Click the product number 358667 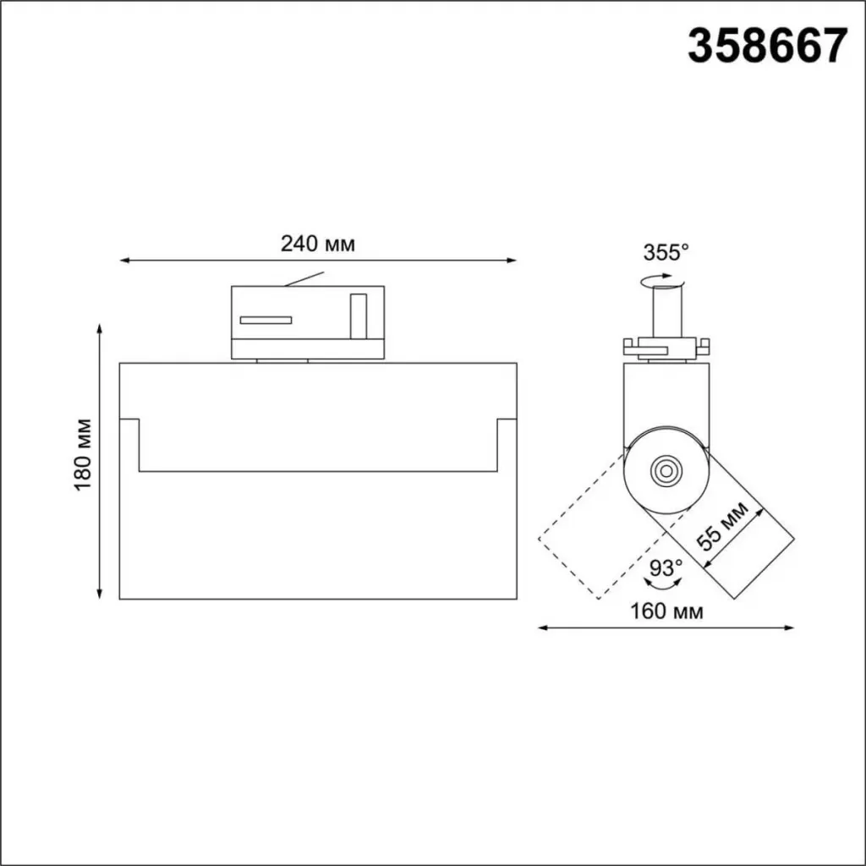point(767,47)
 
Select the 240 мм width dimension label point(318,244)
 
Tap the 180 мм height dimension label point(83,455)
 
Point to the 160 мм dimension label point(666,611)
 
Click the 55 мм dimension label point(722,526)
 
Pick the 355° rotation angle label point(666,252)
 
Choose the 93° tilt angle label point(666,567)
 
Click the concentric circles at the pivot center point(666,471)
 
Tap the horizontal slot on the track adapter point(266,321)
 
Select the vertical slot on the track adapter point(359,316)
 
